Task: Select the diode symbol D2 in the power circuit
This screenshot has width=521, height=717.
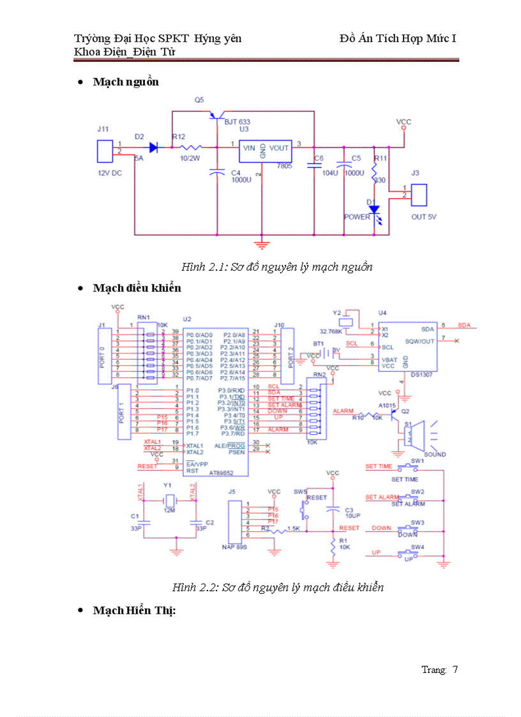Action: pyautogui.click(x=153, y=147)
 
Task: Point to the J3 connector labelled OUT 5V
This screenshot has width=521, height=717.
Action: pyautogui.click(x=419, y=195)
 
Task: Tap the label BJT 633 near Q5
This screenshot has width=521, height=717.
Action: pyautogui.click(x=237, y=121)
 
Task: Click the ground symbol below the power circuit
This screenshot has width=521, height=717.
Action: pyautogui.click(x=261, y=243)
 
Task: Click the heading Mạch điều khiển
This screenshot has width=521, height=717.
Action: pyautogui.click(x=137, y=288)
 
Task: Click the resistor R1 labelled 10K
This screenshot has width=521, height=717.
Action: pyautogui.click(x=332, y=545)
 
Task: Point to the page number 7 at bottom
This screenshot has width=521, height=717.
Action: pyautogui.click(x=455, y=670)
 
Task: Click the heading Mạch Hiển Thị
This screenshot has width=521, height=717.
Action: pyautogui.click(x=134, y=610)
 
